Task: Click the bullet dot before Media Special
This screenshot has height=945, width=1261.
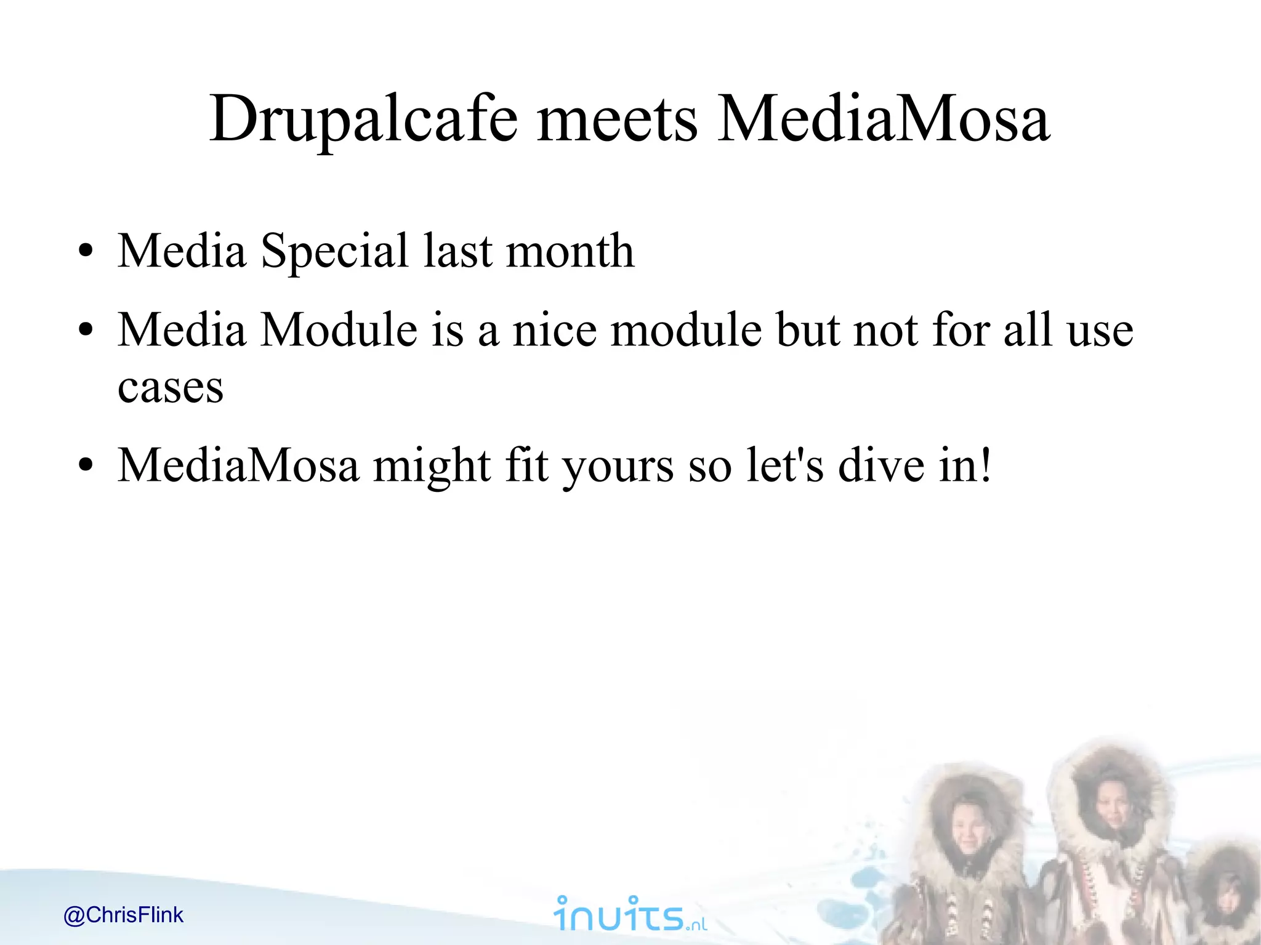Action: coord(86,252)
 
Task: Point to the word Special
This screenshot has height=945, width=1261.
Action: coord(334,252)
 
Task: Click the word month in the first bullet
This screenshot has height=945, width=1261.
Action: coord(570,252)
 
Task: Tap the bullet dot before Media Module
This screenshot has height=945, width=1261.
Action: coord(86,331)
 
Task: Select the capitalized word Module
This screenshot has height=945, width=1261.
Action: coord(339,331)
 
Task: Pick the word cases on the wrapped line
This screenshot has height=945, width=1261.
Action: coord(171,388)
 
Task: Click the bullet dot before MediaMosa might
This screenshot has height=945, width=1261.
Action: coord(86,466)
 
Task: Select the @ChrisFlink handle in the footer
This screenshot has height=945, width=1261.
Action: coord(123,915)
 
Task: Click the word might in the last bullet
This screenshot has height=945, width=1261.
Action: coord(432,466)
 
